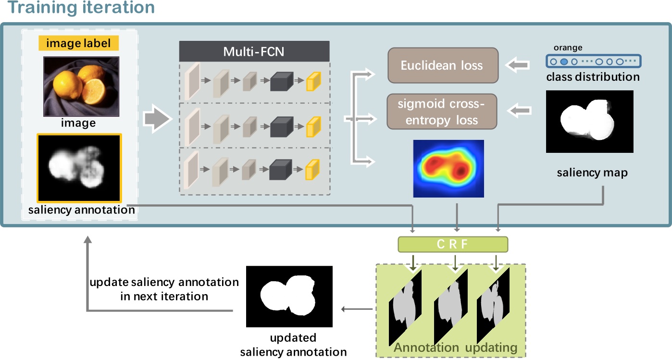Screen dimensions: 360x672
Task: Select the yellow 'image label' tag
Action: (x=78, y=44)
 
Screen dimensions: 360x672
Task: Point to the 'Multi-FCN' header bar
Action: (x=254, y=51)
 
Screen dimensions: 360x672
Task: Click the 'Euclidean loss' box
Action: (x=442, y=65)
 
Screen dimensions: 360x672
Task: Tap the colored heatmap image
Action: (x=448, y=168)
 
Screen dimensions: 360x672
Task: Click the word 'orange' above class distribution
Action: (x=568, y=48)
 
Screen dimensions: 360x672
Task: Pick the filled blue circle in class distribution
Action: (x=564, y=62)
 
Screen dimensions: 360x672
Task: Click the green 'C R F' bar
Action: (x=452, y=244)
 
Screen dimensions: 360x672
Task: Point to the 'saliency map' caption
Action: (x=592, y=173)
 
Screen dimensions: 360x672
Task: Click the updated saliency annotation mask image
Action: (x=289, y=297)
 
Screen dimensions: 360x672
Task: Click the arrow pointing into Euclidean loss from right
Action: (x=519, y=65)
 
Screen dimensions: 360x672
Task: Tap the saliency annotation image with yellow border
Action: (x=79, y=167)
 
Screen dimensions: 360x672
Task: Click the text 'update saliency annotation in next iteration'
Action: (x=164, y=289)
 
